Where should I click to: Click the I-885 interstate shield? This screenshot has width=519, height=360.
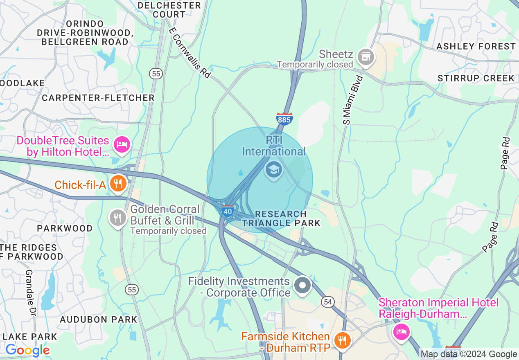pyautogui.click(x=284, y=118)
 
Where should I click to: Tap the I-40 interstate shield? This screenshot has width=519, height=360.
pyautogui.click(x=228, y=211)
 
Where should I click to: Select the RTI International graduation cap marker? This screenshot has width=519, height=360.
pyautogui.click(x=273, y=169)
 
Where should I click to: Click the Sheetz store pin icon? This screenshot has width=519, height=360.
pyautogui.click(x=366, y=57)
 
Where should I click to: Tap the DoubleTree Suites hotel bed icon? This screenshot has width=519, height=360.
pyautogui.click(x=122, y=144)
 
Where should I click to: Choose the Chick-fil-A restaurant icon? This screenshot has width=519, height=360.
pyautogui.click(x=118, y=184)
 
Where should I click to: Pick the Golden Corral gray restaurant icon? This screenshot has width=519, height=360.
pyautogui.click(x=118, y=218)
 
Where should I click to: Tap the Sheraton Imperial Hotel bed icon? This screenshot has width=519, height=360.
pyautogui.click(x=401, y=331)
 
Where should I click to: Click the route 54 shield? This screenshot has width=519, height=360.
pyautogui.click(x=327, y=302)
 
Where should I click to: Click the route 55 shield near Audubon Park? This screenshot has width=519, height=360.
pyautogui.click(x=132, y=290)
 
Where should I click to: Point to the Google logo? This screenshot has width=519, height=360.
pyautogui.click(x=27, y=350)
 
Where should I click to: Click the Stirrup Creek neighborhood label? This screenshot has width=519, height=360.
pyautogui.click(x=476, y=78)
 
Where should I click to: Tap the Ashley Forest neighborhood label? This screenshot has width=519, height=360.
pyautogui.click(x=476, y=46)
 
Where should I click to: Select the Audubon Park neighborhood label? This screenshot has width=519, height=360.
pyautogui.click(x=99, y=319)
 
